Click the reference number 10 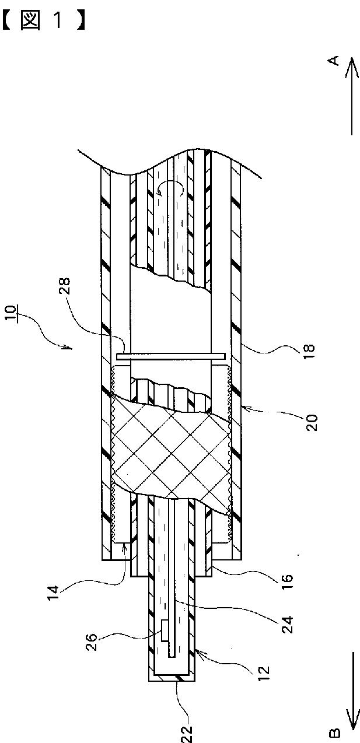(11, 313)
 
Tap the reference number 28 (64, 286)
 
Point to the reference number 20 (312, 422)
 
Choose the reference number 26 (93, 642)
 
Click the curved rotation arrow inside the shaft (170, 190)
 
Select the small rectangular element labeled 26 (165, 630)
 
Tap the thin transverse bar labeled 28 (171, 356)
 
